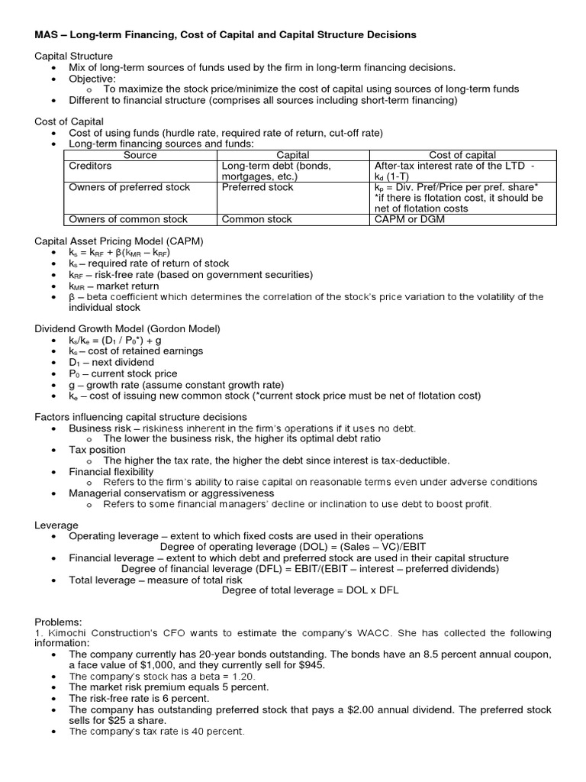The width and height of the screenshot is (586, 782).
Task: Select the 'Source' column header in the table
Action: click(x=140, y=155)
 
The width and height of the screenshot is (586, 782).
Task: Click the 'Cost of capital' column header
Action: click(x=462, y=155)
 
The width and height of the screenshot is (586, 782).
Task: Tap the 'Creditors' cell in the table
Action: click(x=90, y=166)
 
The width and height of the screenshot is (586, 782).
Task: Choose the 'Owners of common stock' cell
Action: click(x=128, y=219)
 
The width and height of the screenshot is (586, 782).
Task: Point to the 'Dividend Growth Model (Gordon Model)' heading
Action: click(x=127, y=328)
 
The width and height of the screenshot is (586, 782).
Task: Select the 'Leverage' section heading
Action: click(x=56, y=525)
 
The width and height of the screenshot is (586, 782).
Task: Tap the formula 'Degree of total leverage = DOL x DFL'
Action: click(x=310, y=590)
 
